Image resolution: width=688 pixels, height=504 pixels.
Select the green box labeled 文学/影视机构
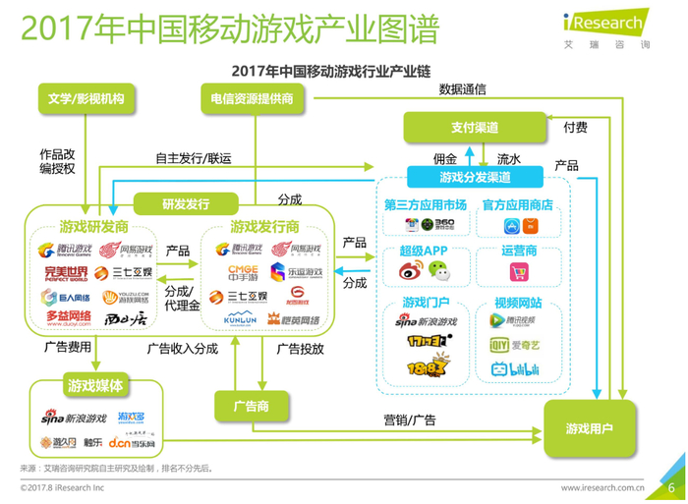[85, 98]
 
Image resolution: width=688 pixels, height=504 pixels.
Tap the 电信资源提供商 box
[253, 98]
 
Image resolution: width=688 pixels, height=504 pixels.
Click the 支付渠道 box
[475, 128]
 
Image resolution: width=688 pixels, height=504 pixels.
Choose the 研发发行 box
[186, 203]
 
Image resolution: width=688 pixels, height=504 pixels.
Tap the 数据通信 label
[463, 89]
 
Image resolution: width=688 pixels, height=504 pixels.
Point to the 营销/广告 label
[410, 420]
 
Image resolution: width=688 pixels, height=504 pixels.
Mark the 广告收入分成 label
[182, 348]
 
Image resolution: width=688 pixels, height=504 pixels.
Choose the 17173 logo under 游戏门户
[425, 343]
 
